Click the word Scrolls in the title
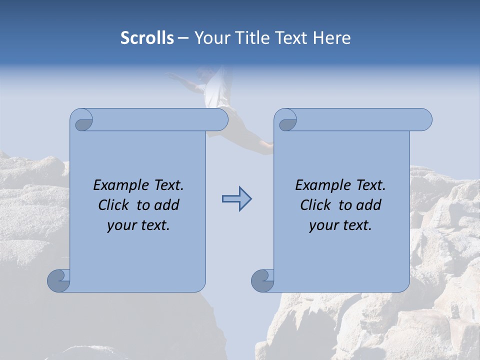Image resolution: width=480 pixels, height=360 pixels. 147,38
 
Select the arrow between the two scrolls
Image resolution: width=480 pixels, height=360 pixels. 236,199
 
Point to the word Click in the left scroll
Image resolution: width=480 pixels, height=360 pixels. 115,205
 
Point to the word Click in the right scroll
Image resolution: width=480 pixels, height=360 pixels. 317,205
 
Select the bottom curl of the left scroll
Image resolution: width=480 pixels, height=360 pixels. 59,280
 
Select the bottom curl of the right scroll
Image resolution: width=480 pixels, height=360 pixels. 262,280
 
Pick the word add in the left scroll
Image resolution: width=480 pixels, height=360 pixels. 167,205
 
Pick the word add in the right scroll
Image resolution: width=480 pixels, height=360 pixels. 369,205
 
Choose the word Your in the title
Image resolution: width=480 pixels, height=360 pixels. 211,38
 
